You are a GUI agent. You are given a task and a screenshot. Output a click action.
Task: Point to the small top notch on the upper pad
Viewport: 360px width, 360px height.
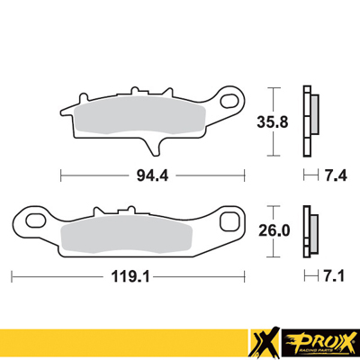point(137,93)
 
